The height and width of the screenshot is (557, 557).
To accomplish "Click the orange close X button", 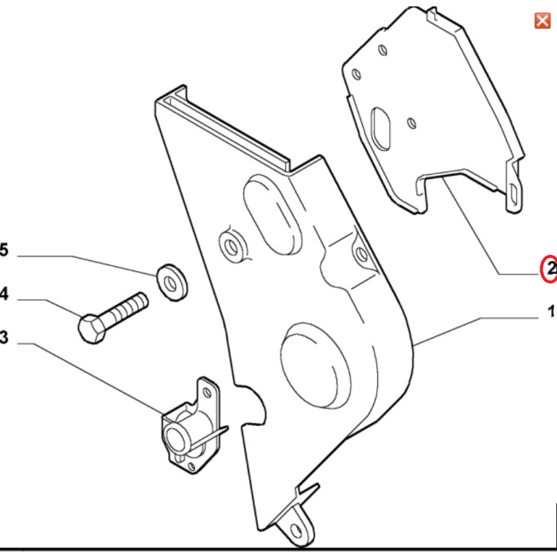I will (x=542, y=21).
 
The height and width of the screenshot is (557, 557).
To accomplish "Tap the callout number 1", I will (x=551, y=313).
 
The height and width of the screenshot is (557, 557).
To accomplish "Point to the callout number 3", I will (x=3, y=338).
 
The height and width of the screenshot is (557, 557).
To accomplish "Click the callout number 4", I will (x=3, y=295).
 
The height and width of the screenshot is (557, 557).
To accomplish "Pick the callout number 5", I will (x=3, y=252).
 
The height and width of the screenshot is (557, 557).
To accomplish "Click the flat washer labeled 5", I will (x=169, y=280).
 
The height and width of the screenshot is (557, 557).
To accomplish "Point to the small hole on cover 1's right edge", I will (x=360, y=254).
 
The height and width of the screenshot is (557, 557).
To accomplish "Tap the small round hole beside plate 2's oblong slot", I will (x=411, y=123).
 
